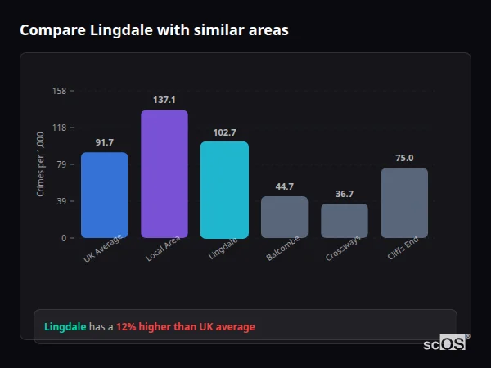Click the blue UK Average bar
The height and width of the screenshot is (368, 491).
point(104,195)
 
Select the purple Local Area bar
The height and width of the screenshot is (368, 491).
point(164,174)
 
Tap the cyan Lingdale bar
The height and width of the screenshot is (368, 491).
point(224,190)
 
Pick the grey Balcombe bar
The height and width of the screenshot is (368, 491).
point(284,218)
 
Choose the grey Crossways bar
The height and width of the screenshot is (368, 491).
point(345,221)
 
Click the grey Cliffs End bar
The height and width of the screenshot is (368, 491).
point(404,203)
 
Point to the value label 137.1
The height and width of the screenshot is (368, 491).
point(164,100)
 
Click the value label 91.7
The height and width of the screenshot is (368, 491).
point(104,142)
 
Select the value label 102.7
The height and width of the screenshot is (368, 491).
point(224,132)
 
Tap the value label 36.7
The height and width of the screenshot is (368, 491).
point(345,194)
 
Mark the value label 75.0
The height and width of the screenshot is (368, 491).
point(404,158)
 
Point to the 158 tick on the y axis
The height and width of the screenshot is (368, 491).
point(59,91)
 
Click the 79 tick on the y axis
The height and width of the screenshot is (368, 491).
point(61,164)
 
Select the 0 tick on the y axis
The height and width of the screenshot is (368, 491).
point(64,238)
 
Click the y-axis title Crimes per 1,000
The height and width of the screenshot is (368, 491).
point(40,164)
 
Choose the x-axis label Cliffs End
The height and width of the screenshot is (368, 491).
point(403,249)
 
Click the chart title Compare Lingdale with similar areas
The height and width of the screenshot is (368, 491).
point(154,30)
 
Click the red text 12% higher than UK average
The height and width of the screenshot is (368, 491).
point(185,327)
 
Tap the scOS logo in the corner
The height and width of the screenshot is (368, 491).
point(445,343)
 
